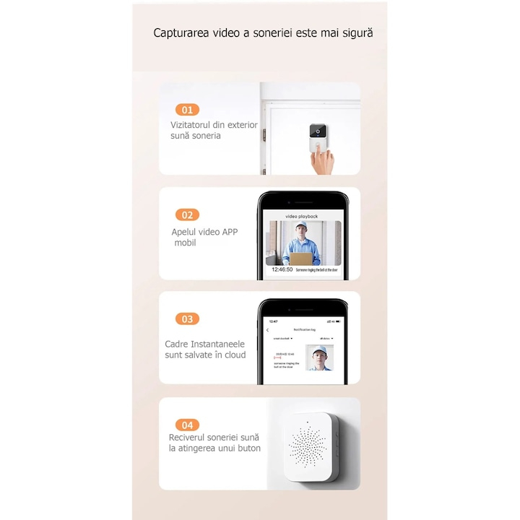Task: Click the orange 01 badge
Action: [187, 110]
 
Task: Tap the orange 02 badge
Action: [187, 214]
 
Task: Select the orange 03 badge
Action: [187, 318]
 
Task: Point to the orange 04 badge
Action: [187, 425]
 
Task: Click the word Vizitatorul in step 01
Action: [193, 125]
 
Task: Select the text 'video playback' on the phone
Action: [302, 217]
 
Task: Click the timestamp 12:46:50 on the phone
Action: [282, 269]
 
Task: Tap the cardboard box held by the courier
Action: [302, 258]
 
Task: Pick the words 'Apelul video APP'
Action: [204, 232]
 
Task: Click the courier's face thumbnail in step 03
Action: [318, 357]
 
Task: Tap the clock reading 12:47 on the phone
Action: [273, 321]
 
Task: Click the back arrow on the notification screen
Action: [268, 330]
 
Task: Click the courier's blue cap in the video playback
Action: [301, 227]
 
